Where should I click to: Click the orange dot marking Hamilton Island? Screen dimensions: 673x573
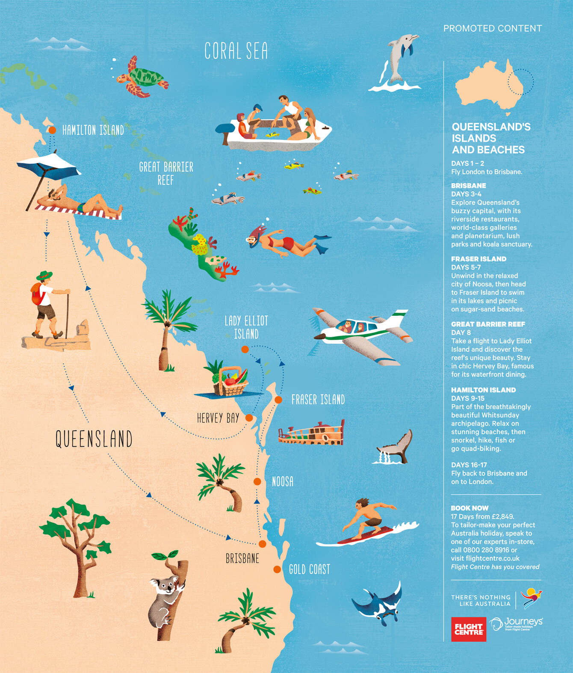click(52, 130)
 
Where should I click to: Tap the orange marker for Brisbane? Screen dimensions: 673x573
click(262, 544)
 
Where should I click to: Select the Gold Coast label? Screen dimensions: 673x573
click(309, 569)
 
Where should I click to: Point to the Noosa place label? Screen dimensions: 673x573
click(283, 482)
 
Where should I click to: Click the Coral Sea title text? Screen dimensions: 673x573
click(236, 51)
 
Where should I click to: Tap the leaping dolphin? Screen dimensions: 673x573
click(399, 60)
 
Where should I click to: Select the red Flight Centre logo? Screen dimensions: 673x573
click(468, 629)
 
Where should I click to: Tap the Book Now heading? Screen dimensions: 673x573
click(470, 508)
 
